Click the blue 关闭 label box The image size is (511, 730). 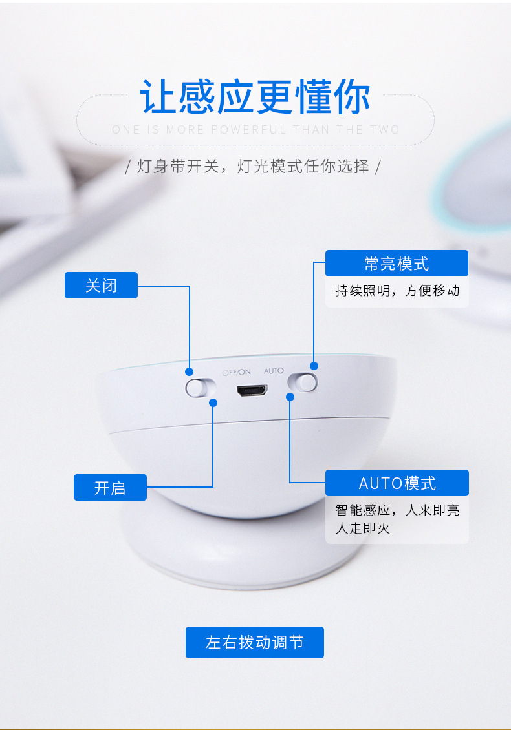(x=101, y=285)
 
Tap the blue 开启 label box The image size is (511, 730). (x=110, y=488)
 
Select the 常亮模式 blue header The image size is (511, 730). (x=397, y=263)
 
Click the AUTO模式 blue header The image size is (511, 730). (x=397, y=483)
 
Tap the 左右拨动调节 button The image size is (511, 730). (x=255, y=643)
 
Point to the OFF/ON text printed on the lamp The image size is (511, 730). (x=236, y=373)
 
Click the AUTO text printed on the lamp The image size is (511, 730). (x=274, y=371)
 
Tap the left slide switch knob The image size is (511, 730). (x=196, y=388)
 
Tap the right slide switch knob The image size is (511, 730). (x=307, y=382)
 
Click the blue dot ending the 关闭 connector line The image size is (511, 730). (x=189, y=371)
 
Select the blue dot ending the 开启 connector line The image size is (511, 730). (x=213, y=402)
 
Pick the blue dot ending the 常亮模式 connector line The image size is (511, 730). (x=314, y=366)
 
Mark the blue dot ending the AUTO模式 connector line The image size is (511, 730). (x=290, y=397)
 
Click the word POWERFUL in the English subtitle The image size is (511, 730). (x=248, y=129)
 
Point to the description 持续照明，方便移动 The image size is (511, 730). (x=397, y=291)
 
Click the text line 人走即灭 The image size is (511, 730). (x=362, y=528)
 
